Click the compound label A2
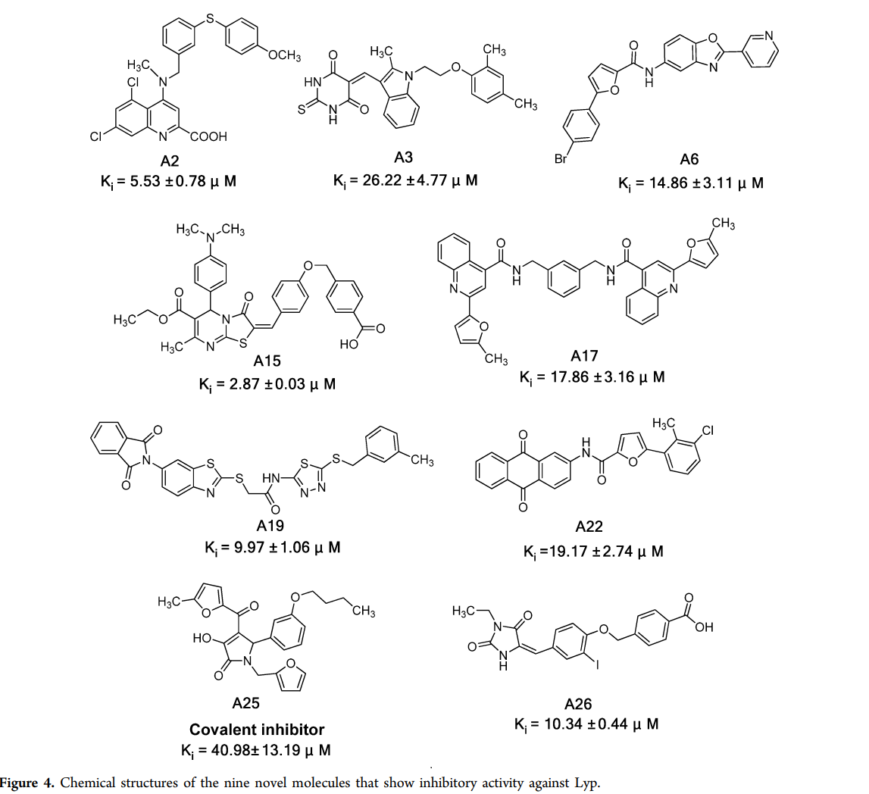(170, 161)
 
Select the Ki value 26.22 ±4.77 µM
(405, 180)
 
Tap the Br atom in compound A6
(561, 159)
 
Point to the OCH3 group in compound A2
(285, 55)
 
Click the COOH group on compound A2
(208, 136)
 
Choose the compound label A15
(267, 361)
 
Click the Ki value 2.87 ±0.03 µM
(267, 385)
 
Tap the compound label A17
(585, 356)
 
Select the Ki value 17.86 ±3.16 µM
(592, 378)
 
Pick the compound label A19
(270, 525)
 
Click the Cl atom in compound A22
(708, 430)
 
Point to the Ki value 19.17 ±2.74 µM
(593, 552)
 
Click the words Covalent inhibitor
(257, 729)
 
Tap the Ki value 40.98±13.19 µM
(256, 751)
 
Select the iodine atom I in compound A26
(598, 664)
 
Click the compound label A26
(578, 705)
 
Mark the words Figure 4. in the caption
(27, 783)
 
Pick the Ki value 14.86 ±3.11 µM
(691, 183)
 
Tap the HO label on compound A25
(202, 638)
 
